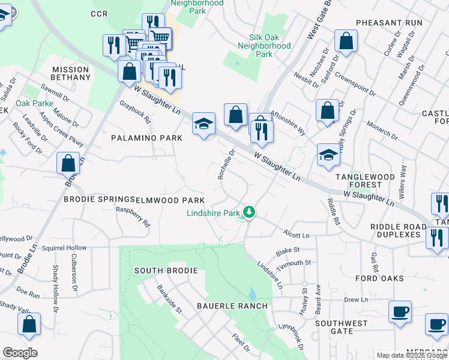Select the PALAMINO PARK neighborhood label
click(x=146, y=138)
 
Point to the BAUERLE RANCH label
click(x=232, y=306)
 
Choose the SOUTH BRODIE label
click(x=166, y=271)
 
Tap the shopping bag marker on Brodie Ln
click(x=68, y=163)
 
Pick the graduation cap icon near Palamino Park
click(x=203, y=125)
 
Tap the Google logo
click(x=20, y=353)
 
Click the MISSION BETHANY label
click(x=71, y=74)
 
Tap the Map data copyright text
click(x=412, y=355)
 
